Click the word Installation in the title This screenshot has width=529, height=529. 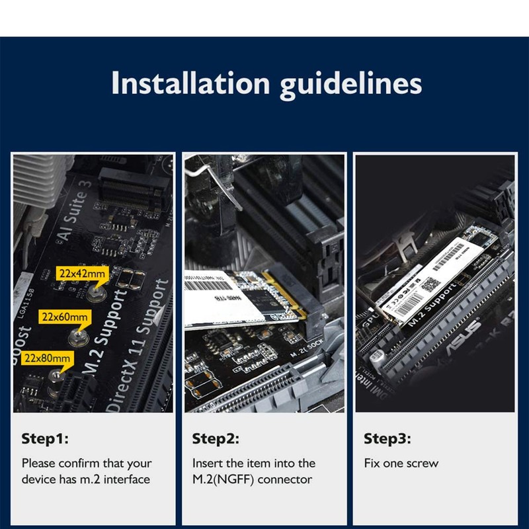pyautogui.click(x=190, y=84)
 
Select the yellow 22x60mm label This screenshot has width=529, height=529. pyautogui.click(x=63, y=317)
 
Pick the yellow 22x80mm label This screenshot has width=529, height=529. pyautogui.click(x=47, y=358)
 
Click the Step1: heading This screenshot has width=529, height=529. pyautogui.click(x=45, y=438)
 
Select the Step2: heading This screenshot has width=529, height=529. pyautogui.click(x=216, y=438)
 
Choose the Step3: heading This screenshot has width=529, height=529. pyautogui.click(x=387, y=438)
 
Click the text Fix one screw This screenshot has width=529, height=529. pyautogui.click(x=401, y=463)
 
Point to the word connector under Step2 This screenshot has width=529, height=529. pyautogui.click(x=285, y=479)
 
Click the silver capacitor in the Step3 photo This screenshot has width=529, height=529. pyautogui.click(x=378, y=361)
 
